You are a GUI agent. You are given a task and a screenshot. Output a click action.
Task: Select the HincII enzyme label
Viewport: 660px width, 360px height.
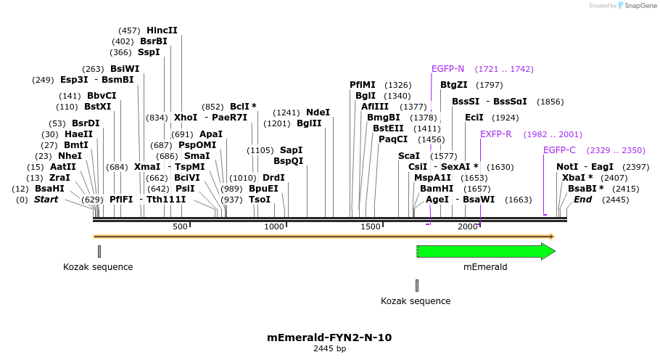pyautogui.click(x=162, y=30)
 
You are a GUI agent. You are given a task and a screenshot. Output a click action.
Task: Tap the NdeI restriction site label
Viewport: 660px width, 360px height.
pyautogui.click(x=318, y=112)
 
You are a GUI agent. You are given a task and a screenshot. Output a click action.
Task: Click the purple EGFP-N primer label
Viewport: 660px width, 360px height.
pyautogui.click(x=447, y=69)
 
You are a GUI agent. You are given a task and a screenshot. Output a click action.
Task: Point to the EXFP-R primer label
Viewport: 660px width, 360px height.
pyautogui.click(x=495, y=134)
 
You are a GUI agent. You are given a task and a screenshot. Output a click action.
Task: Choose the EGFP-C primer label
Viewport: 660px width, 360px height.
pyautogui.click(x=559, y=150)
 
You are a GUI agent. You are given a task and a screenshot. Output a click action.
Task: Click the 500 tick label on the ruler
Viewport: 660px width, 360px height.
pyautogui.click(x=181, y=227)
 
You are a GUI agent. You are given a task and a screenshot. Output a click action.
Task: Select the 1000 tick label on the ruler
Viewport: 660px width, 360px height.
pyautogui.click(x=275, y=227)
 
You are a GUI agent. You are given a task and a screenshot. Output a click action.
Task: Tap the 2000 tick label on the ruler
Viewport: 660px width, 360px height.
pyautogui.click(x=468, y=227)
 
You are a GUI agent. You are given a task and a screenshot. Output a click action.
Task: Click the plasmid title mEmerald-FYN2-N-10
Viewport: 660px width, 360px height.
pyautogui.click(x=329, y=337)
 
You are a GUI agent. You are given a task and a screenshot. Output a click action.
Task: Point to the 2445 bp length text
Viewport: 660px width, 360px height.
pyautogui.click(x=329, y=349)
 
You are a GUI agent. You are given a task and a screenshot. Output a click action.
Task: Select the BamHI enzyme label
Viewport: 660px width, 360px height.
pyautogui.click(x=437, y=188)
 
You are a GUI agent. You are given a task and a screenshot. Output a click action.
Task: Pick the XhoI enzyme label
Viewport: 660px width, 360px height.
pyautogui.click(x=186, y=118)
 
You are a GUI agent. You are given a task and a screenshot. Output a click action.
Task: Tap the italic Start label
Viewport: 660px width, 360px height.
pyautogui.click(x=46, y=200)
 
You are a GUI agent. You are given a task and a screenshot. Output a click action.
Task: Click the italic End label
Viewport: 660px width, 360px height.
pyautogui.click(x=582, y=200)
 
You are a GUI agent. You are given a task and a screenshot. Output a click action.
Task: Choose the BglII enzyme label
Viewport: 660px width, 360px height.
pyautogui.click(x=309, y=123)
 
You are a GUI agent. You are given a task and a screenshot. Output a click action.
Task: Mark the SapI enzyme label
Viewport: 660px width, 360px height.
pyautogui.click(x=291, y=150)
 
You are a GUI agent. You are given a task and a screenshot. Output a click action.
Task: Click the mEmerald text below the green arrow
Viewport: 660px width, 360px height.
pyautogui.click(x=485, y=267)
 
